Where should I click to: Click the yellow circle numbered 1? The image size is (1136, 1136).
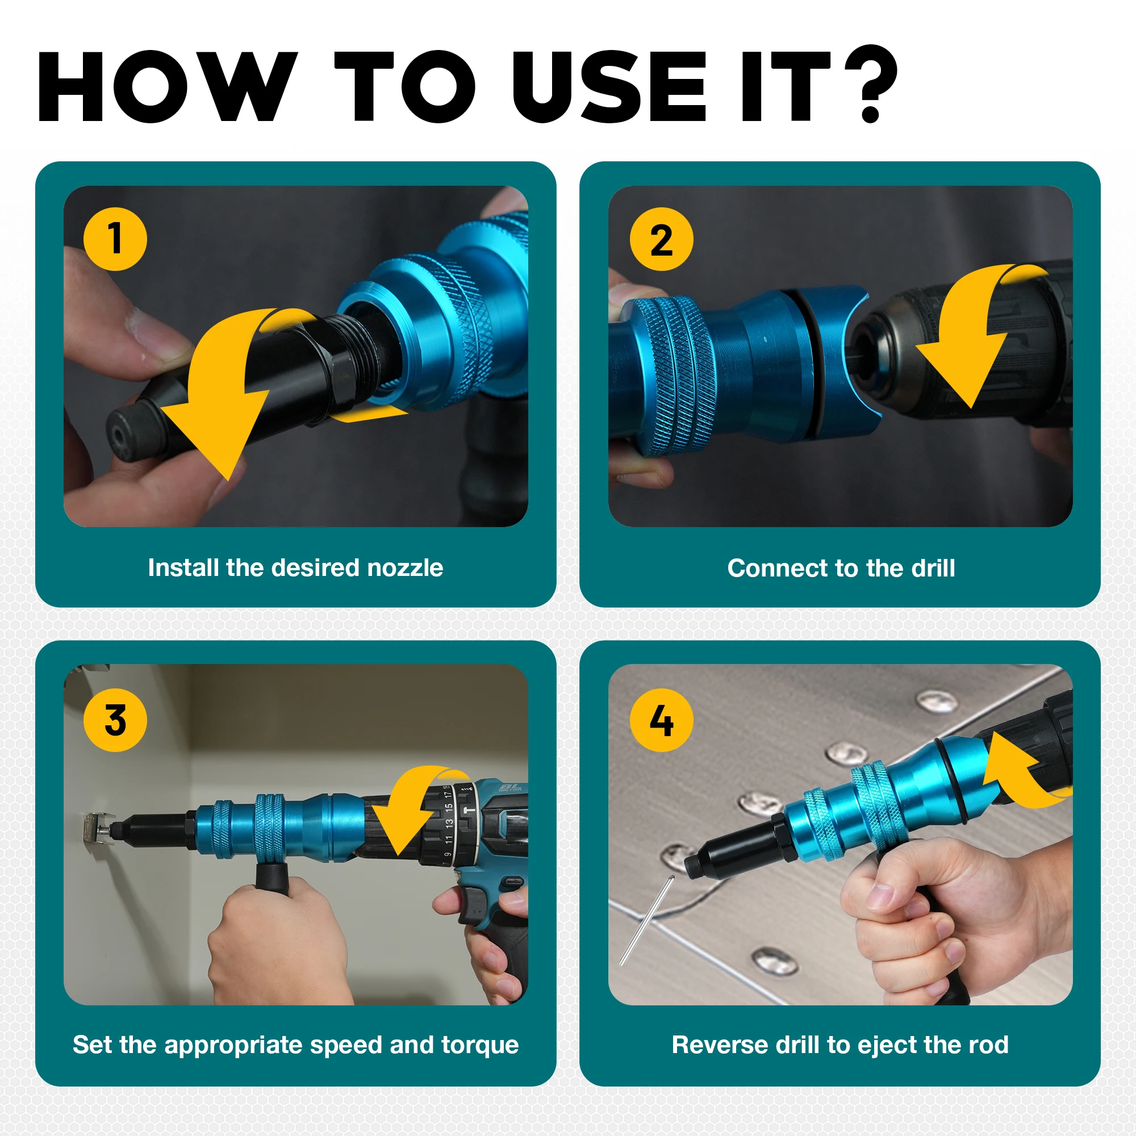[115, 239]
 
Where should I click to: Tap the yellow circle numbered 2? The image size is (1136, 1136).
[662, 239]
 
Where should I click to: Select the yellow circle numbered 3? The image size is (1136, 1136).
[115, 720]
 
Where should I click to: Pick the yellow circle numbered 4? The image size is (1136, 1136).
[662, 720]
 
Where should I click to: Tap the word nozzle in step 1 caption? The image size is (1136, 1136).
[405, 568]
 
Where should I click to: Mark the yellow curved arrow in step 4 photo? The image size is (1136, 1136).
[1020, 770]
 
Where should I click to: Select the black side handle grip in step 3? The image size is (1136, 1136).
[272, 876]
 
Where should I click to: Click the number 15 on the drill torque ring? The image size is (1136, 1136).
[449, 809]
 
